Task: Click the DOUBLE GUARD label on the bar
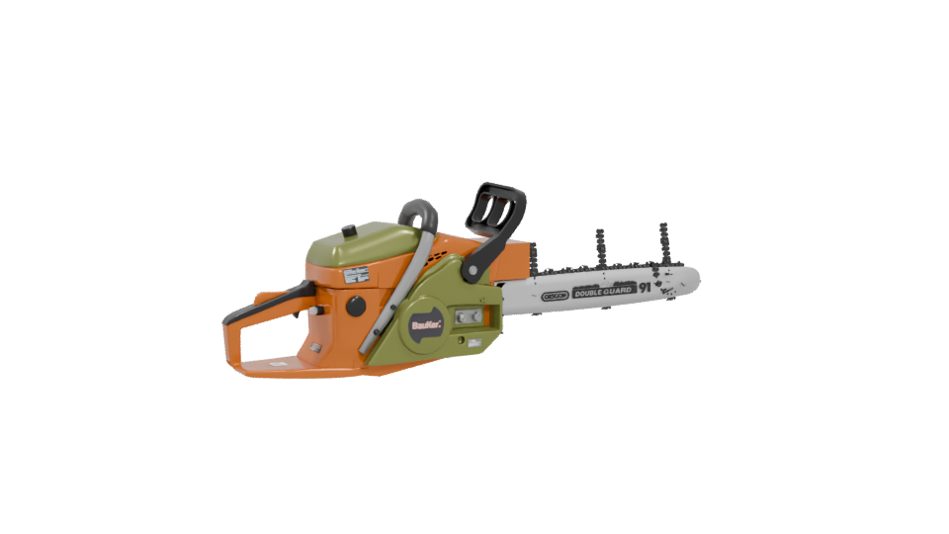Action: point(604,291)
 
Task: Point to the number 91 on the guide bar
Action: point(645,287)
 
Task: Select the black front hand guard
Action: point(496,212)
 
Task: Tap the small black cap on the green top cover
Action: point(348,230)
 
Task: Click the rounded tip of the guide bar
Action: point(692,280)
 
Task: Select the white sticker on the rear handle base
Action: point(315,348)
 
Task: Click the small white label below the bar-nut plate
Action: point(474,343)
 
